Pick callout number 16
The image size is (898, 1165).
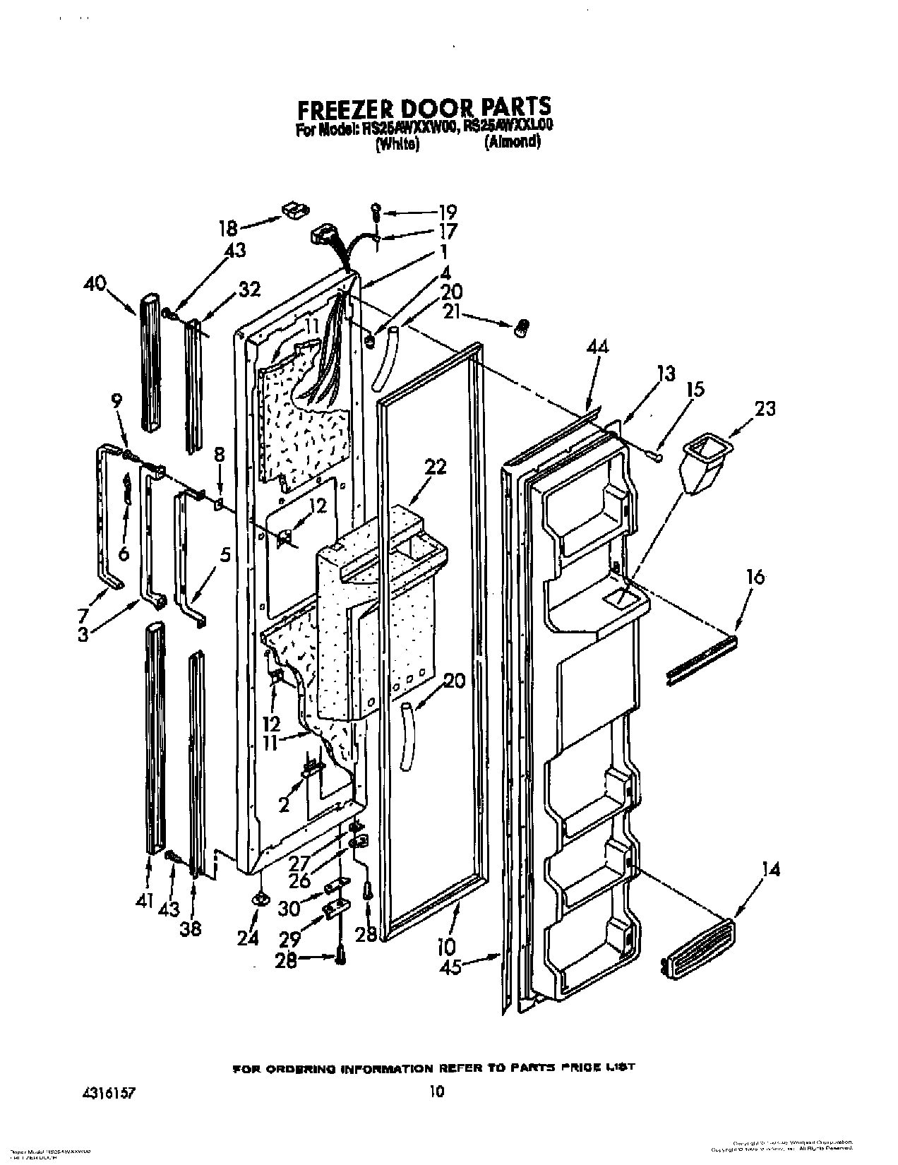[755, 578]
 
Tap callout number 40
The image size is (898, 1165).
[95, 285]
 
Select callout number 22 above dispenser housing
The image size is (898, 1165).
[436, 467]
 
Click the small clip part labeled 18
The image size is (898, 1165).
[296, 210]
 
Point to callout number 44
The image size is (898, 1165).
[597, 347]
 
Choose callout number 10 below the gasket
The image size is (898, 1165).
[445, 946]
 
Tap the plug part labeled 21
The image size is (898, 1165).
[523, 326]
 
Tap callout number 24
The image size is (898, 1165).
[249, 937]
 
